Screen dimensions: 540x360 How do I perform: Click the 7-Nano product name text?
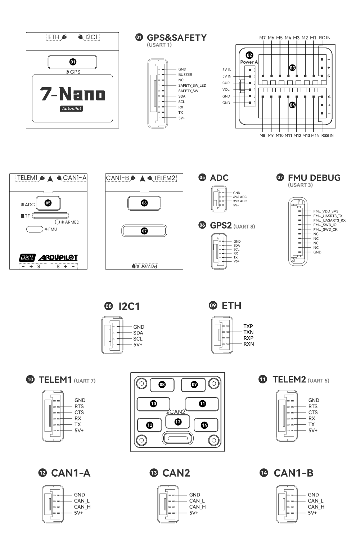pos(73,94)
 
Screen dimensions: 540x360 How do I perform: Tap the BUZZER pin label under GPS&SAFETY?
pos(185,75)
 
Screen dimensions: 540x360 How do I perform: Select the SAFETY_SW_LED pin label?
pos(192,85)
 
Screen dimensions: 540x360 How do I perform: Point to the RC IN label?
pos(324,37)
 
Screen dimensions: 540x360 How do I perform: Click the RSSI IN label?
pos(327,136)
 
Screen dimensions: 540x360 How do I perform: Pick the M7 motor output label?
pos(262,37)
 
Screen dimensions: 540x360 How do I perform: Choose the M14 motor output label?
pos(315,136)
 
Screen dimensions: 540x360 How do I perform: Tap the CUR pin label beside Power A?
pos(226,83)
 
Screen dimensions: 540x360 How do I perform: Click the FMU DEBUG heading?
pos(314,177)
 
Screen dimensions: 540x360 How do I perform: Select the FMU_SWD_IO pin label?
pos(325,225)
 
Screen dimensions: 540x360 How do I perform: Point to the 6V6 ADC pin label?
pos(240,197)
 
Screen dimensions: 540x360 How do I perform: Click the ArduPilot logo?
pos(58,258)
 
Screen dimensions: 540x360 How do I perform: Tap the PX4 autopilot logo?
pos(27,258)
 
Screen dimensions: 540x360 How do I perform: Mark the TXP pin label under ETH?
pos(248,326)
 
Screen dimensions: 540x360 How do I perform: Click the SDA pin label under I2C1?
pos(138,333)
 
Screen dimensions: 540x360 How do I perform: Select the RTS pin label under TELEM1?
pos(79,406)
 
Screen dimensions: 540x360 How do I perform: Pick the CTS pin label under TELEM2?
pos(313,412)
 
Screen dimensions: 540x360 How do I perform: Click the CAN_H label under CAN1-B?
pos(316,507)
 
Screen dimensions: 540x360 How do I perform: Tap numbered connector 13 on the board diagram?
pos(178,422)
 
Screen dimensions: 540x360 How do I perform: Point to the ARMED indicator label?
pos(72,222)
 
